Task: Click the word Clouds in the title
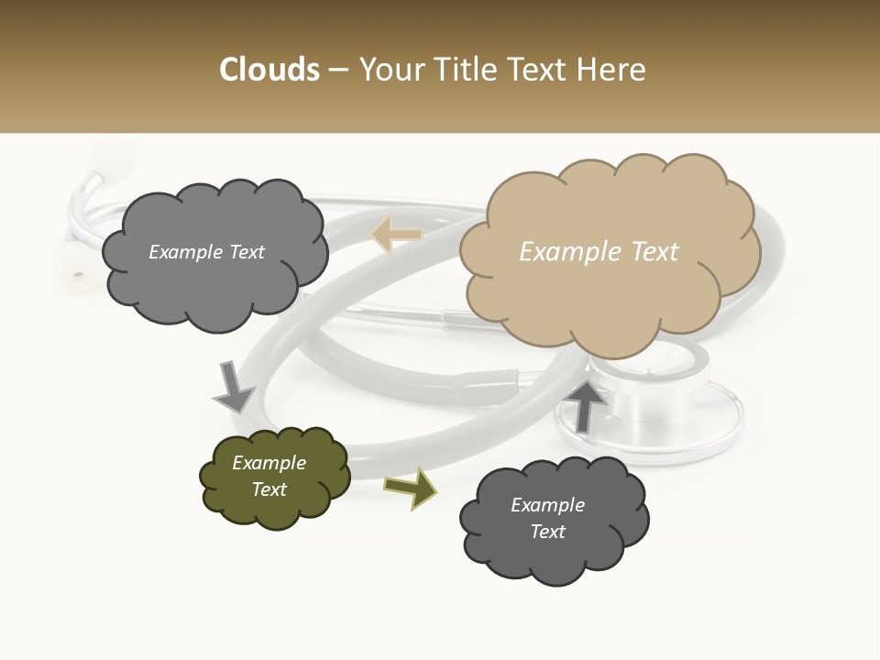pyautogui.click(x=269, y=70)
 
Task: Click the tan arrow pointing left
pyautogui.click(x=396, y=236)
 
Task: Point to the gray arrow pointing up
pyautogui.click(x=588, y=405)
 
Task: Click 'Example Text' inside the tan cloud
pyautogui.click(x=599, y=252)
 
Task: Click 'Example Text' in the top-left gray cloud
pyautogui.click(x=206, y=252)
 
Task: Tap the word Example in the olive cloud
pyautogui.click(x=269, y=463)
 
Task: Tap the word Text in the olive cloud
pyautogui.click(x=269, y=489)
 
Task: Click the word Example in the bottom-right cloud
pyautogui.click(x=547, y=505)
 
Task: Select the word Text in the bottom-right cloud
pyautogui.click(x=547, y=532)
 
